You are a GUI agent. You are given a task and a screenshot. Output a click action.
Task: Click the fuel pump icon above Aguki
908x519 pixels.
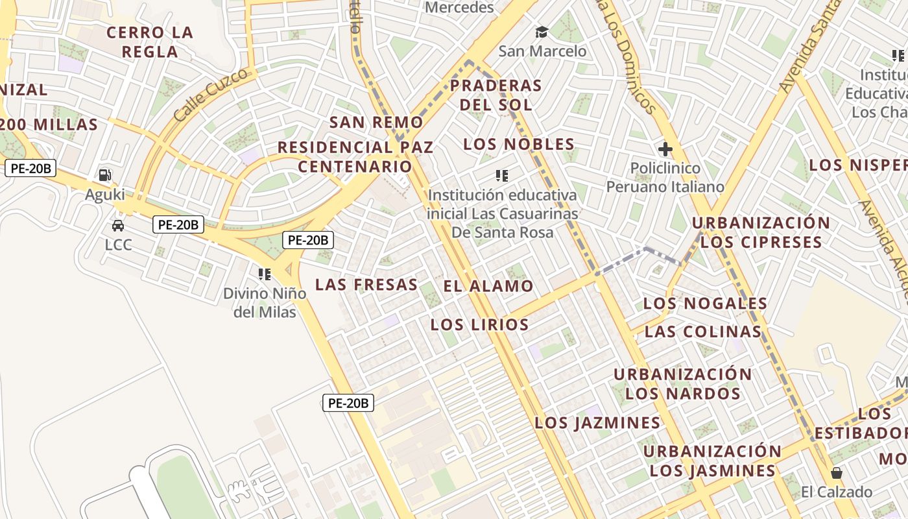click(x=104, y=175)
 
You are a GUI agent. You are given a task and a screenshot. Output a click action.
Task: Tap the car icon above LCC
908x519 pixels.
click(x=118, y=225)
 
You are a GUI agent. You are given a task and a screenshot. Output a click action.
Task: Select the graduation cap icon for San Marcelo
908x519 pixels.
click(x=542, y=31)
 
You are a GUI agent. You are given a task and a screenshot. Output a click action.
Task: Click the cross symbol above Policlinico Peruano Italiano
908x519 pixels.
click(x=665, y=150)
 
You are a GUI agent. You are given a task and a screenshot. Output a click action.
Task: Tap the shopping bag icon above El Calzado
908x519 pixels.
click(x=837, y=472)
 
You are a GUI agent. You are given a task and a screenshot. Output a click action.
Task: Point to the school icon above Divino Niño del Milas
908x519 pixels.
click(x=264, y=274)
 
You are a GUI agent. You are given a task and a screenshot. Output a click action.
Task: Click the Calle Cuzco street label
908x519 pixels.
click(x=211, y=95)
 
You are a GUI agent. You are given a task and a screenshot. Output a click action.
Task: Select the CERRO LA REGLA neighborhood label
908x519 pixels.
click(x=150, y=42)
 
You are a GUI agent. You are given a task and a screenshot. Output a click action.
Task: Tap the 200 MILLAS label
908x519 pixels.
click(x=49, y=125)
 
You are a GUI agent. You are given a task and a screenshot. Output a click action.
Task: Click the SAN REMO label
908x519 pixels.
click(x=376, y=122)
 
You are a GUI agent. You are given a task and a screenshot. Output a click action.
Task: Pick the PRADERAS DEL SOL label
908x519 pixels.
click(x=496, y=95)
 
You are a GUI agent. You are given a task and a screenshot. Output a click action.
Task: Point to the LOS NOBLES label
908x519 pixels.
click(x=519, y=144)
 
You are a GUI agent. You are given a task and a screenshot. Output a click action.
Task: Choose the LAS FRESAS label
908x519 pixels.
click(x=366, y=284)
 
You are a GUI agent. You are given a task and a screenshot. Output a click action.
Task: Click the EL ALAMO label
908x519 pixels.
click(x=488, y=286)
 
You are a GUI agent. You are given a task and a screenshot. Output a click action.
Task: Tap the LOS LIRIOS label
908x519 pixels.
click(x=479, y=324)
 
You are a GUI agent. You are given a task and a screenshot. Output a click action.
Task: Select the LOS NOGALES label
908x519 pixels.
click(x=705, y=303)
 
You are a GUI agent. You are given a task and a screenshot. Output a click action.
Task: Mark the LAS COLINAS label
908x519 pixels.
click(x=703, y=332)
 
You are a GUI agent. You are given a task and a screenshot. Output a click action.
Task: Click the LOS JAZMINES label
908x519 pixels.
click(x=597, y=423)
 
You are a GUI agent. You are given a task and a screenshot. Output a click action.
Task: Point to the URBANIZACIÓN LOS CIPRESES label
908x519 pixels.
click(x=761, y=232)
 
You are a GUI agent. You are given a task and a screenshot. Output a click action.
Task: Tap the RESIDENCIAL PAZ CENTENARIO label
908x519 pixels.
click(x=355, y=156)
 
